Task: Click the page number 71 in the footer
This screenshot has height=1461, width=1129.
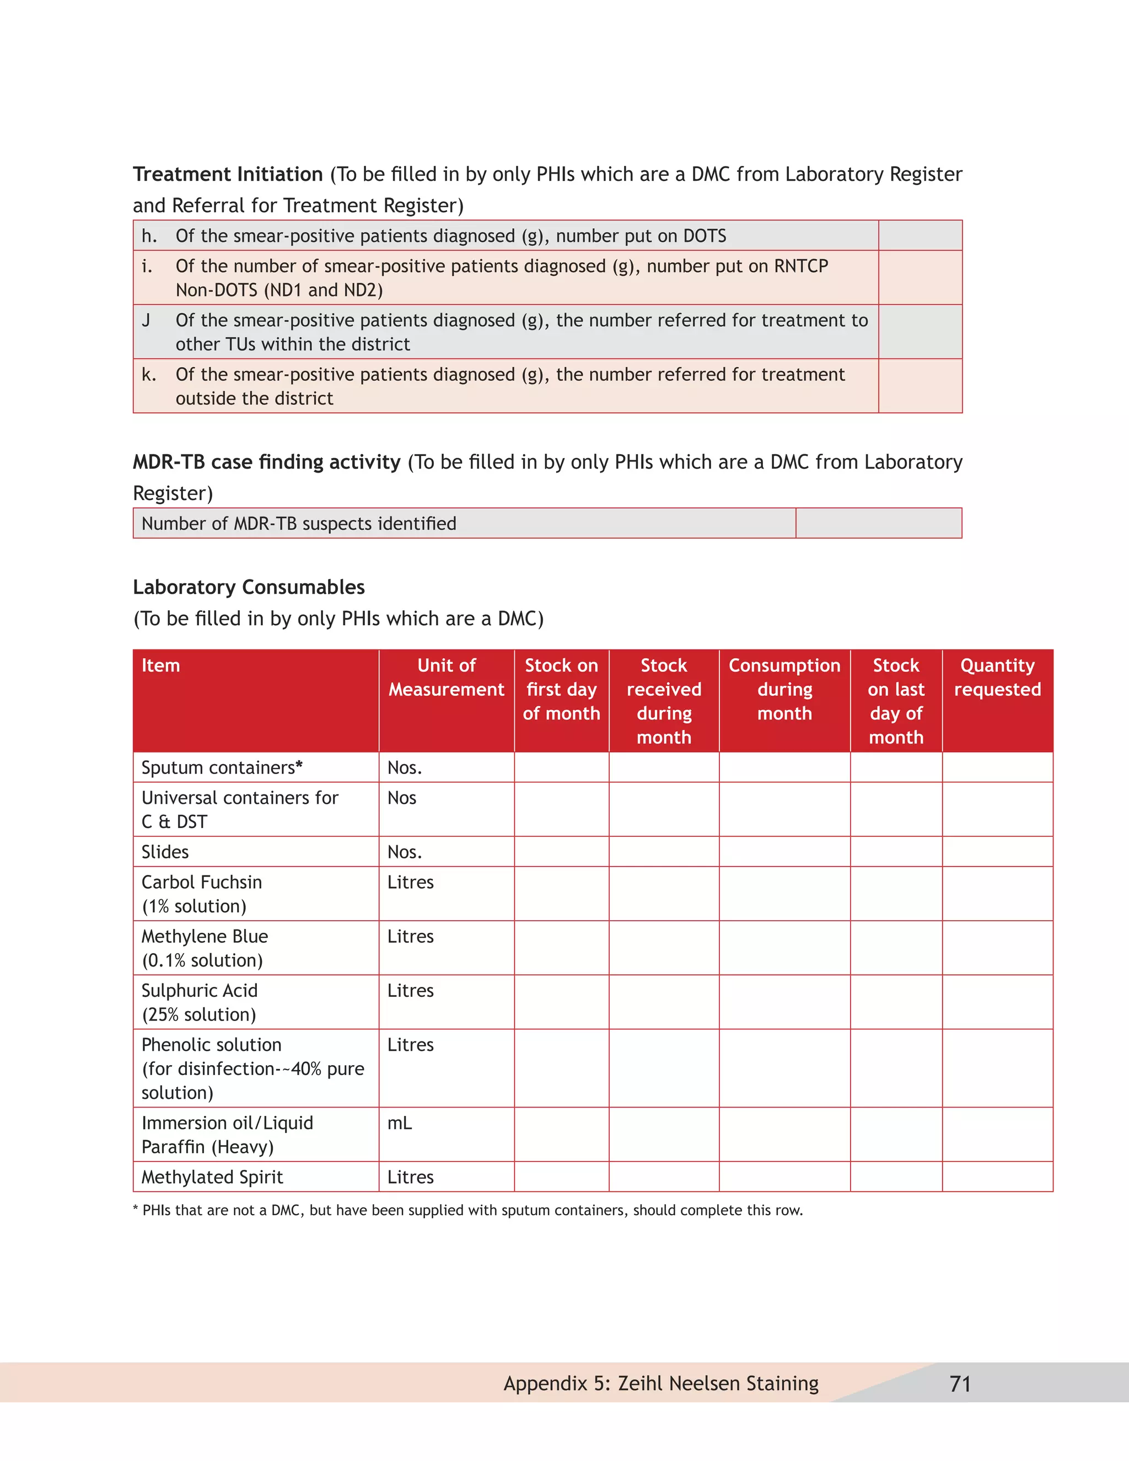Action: pos(960,1383)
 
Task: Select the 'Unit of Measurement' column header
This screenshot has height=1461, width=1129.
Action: pos(446,677)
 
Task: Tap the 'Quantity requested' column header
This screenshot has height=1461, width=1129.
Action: pos(997,677)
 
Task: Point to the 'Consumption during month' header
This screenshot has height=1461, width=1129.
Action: pos(784,689)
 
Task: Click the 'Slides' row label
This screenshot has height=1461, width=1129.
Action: pos(165,852)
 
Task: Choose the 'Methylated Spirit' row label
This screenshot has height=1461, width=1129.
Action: pos(212,1177)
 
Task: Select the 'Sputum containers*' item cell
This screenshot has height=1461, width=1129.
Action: pos(222,767)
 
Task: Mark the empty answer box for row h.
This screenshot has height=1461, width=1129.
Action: pos(920,235)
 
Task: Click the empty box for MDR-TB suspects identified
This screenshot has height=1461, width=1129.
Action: pos(878,523)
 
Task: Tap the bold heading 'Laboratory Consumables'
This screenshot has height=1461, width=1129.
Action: pos(249,587)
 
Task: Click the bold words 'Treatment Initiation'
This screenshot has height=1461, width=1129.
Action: pos(228,174)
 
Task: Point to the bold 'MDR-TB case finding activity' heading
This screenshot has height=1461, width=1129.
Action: pos(266,461)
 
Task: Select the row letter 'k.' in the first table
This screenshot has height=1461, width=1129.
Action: pos(148,374)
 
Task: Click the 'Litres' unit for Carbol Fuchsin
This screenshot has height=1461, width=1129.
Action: pos(410,882)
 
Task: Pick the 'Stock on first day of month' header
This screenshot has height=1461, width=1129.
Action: pos(561,689)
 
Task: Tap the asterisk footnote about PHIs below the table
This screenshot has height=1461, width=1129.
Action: pos(467,1210)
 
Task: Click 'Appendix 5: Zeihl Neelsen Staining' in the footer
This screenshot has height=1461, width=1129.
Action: pos(661,1383)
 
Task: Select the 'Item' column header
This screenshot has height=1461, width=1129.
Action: pos(160,665)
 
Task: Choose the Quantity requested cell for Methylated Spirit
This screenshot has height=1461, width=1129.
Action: pos(997,1177)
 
